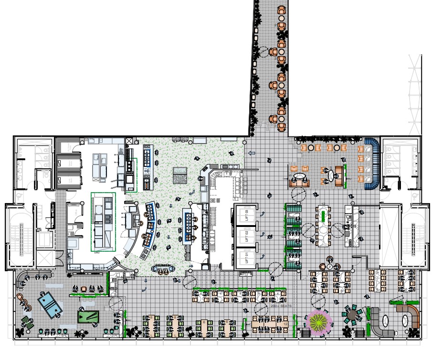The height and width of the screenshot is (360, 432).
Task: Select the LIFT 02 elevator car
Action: pyautogui.click(x=247, y=235)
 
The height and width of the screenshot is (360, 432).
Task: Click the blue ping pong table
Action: pyautogui.click(x=50, y=304)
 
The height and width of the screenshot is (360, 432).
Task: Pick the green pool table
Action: pyautogui.click(x=88, y=317)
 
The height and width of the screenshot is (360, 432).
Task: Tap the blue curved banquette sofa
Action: pyautogui.click(x=373, y=162)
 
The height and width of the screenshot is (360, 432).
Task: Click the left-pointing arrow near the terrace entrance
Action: pyautogui.click(x=252, y=154)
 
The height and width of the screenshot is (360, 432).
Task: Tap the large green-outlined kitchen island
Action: pyautogui.click(x=103, y=222)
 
